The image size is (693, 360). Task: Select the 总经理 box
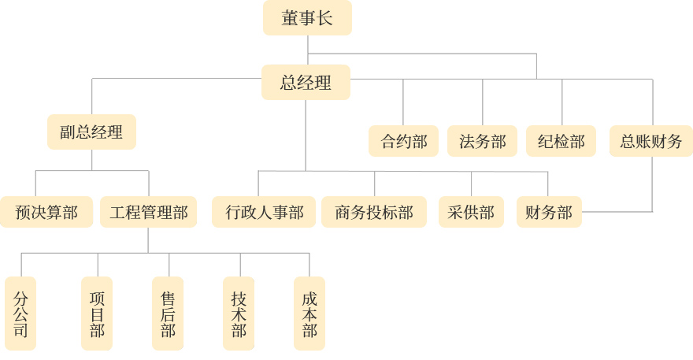click(x=306, y=83)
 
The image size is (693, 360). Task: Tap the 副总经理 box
click(x=91, y=132)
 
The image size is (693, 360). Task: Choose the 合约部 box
click(x=403, y=142)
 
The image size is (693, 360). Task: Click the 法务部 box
click(x=482, y=142)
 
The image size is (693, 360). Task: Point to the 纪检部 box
click(x=561, y=142)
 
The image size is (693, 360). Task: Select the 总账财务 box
click(x=650, y=142)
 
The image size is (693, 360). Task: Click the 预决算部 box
click(x=47, y=212)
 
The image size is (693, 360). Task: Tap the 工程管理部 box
click(x=149, y=212)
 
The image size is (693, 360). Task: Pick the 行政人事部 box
click(x=264, y=212)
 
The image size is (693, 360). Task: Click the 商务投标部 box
click(x=374, y=212)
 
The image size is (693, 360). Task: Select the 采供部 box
click(x=470, y=212)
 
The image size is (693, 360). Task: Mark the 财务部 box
click(x=548, y=212)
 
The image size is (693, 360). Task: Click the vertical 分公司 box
click(x=20, y=314)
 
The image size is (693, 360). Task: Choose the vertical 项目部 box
click(x=98, y=314)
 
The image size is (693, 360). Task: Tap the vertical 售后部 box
click(x=168, y=314)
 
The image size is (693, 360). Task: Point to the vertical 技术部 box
click(x=239, y=314)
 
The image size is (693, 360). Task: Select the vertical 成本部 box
click(x=309, y=314)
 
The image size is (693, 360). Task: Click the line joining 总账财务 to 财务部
click(x=652, y=185)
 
